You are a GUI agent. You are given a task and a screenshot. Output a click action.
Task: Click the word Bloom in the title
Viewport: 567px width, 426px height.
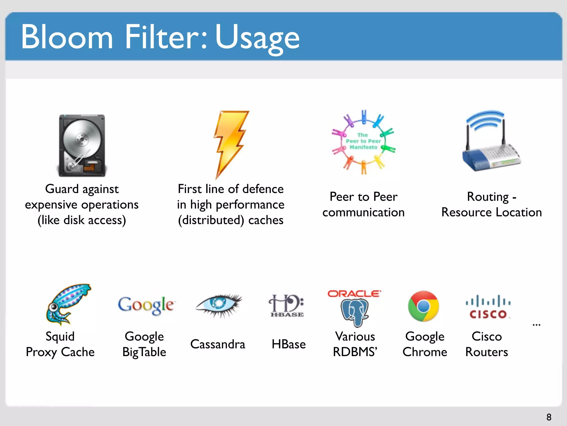(67, 37)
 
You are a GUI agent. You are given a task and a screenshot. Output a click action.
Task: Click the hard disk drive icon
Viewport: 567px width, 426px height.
(82, 145)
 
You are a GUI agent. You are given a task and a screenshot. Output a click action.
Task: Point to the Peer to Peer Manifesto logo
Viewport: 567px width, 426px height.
(364, 142)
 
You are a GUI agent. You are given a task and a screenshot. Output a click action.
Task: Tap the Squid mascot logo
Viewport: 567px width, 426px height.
(68, 304)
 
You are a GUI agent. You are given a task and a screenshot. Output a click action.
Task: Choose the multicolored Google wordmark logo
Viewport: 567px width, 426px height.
(146, 305)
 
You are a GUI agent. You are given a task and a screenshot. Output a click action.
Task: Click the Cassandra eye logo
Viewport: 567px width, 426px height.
(219, 305)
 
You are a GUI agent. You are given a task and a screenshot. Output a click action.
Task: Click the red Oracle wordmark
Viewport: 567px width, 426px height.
(354, 293)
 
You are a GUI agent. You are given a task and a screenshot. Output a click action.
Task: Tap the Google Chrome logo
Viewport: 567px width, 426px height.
(423, 306)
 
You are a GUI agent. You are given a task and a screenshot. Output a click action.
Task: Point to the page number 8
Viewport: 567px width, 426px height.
(549, 417)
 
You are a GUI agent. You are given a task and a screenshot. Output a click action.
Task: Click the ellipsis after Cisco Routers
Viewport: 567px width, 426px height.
(536, 324)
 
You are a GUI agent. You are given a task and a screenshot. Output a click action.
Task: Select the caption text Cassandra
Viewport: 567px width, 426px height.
(218, 344)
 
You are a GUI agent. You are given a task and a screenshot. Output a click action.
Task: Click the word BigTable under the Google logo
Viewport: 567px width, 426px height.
(144, 352)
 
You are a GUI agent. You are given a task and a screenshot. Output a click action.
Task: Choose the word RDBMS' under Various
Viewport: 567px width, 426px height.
(355, 352)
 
